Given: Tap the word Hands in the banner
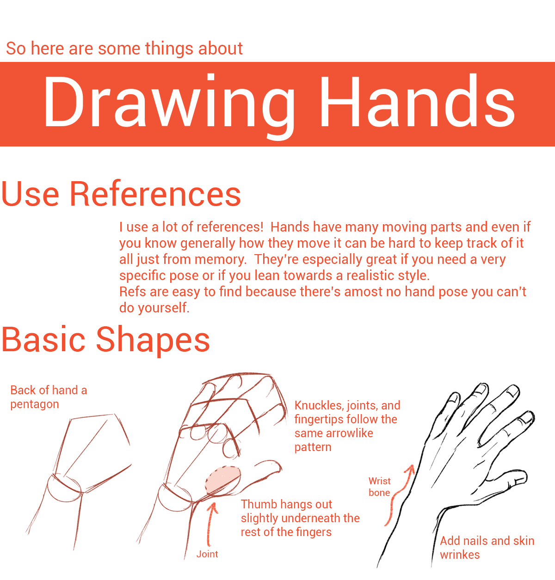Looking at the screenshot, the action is [x=418, y=101].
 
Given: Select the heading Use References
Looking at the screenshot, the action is [x=121, y=194].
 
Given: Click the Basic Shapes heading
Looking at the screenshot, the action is [x=105, y=340].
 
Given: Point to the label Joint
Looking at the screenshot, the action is [x=207, y=554].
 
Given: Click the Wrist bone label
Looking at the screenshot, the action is [x=379, y=487].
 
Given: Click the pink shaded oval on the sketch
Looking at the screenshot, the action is [x=223, y=480].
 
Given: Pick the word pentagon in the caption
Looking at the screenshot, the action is [x=35, y=405].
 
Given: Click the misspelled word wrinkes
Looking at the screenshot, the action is [x=460, y=555].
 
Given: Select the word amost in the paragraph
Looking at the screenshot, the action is [x=363, y=292].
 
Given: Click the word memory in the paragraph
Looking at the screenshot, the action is [x=221, y=260].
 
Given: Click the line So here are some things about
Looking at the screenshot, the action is [x=124, y=48].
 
